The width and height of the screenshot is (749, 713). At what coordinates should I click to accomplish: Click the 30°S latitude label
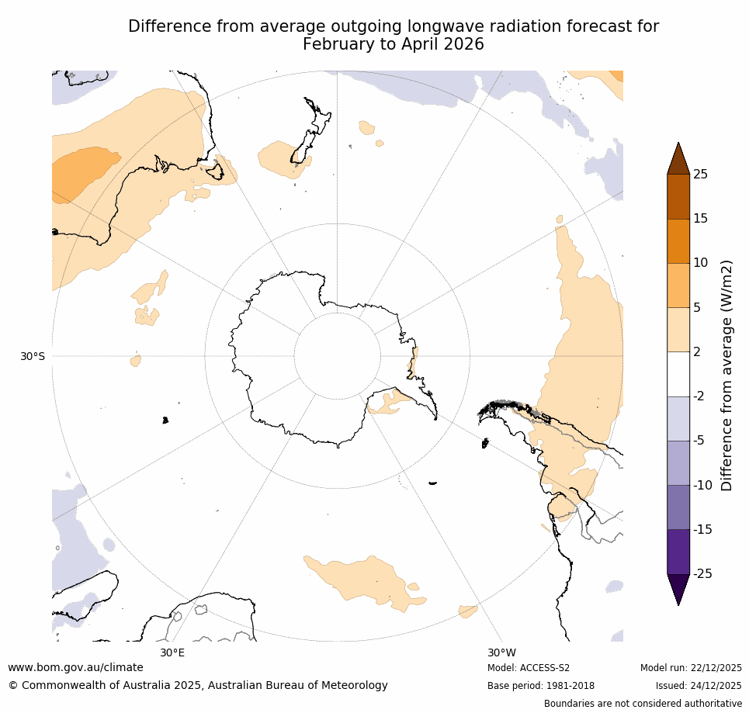[x=33, y=356]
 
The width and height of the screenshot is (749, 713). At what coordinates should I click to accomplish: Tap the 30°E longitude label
[x=172, y=652]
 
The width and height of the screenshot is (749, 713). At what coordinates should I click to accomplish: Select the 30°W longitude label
[x=501, y=652]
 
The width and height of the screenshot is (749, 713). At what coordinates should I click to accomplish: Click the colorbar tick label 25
[x=700, y=175]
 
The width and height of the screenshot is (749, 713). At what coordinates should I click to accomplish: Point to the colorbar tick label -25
[x=702, y=574]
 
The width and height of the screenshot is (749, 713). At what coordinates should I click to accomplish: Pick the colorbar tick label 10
[x=700, y=263]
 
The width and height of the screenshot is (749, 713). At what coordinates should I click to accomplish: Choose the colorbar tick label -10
[x=702, y=486]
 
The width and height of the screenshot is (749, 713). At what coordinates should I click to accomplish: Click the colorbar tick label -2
[x=699, y=396]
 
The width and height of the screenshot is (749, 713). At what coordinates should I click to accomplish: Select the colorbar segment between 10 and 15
[x=678, y=241]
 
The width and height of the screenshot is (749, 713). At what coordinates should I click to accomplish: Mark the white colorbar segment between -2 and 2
[x=678, y=374]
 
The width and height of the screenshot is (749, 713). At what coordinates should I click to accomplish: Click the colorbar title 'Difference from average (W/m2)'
[x=727, y=375]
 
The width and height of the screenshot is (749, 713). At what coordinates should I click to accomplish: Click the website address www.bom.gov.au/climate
[x=75, y=667]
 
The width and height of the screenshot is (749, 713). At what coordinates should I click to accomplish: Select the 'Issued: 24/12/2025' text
[x=699, y=686]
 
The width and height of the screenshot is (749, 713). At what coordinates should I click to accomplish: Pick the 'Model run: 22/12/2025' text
[x=691, y=668]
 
